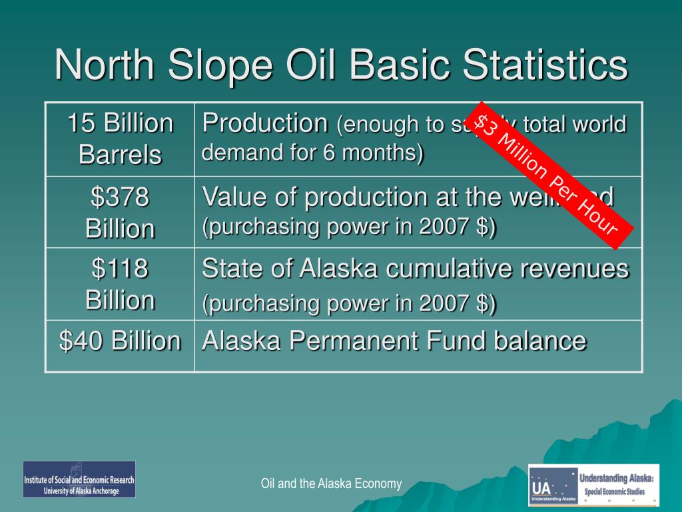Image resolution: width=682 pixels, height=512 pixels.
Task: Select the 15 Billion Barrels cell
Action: point(120,139)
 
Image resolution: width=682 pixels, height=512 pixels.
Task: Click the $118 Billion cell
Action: point(120,284)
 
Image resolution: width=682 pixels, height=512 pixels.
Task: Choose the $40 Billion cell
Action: point(120,341)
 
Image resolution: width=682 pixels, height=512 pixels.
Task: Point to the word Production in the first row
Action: point(265,123)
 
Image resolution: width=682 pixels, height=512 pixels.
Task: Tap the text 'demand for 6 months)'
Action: point(312,153)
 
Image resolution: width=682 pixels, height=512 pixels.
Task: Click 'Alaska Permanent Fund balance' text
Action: point(394,341)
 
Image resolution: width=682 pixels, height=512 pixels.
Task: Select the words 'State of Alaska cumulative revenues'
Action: point(415,269)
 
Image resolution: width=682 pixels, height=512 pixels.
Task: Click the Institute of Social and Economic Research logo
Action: point(79,479)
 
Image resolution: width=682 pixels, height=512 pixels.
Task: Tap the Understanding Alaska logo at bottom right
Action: point(593,485)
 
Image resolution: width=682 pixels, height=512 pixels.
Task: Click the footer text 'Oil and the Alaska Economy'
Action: point(331,483)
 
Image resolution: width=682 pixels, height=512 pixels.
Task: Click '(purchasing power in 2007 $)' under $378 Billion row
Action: point(349,227)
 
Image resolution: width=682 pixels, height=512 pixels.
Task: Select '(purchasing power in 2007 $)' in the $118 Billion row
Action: point(349,303)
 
